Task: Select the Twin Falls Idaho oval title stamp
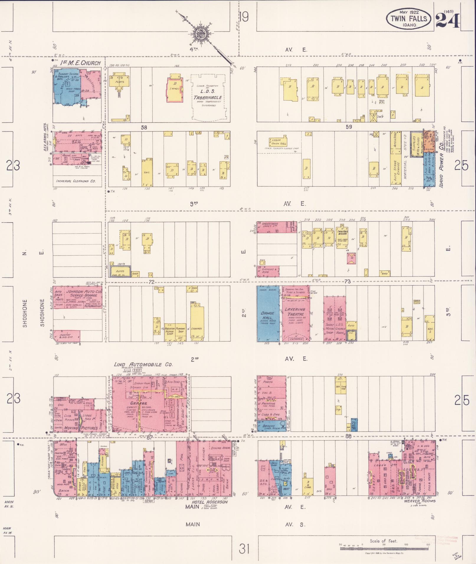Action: [x=409, y=18]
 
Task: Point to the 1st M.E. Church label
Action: [x=81, y=63]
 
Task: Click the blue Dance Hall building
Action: [x=268, y=314]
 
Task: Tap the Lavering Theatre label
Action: [x=295, y=312]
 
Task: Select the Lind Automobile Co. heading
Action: [x=143, y=365]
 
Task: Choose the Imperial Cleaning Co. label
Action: [x=76, y=181]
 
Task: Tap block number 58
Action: [x=144, y=127]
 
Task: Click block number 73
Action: [x=348, y=282]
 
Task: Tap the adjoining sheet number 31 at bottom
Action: [x=244, y=549]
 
